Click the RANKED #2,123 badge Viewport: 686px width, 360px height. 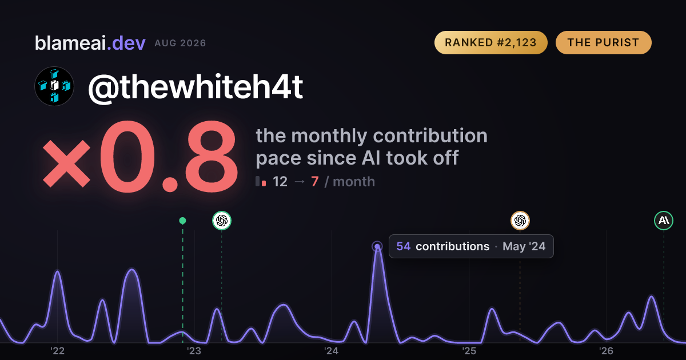tap(490, 42)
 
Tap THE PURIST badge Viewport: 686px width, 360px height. tap(603, 42)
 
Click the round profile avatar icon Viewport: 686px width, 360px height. tap(54, 86)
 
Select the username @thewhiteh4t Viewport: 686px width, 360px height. tap(196, 87)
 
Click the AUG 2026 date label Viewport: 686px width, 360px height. tap(180, 43)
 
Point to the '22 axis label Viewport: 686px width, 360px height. tap(57, 351)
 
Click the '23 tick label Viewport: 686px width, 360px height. tap(194, 351)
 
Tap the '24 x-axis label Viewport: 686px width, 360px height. tap(332, 351)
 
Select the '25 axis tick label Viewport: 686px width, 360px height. tap(469, 351)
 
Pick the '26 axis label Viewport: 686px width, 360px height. tap(606, 351)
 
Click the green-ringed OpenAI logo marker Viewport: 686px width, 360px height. tap(222, 221)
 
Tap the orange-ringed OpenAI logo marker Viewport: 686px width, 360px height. tap(520, 221)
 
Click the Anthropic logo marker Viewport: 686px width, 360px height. tap(664, 221)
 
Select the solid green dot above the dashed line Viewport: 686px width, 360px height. tap(182, 221)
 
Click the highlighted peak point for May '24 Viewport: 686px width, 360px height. tap(377, 246)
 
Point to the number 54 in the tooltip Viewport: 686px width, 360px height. tap(404, 246)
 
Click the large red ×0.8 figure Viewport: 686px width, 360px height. tap(140, 157)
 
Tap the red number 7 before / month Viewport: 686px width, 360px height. tap(315, 182)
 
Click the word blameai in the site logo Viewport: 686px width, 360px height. tap(70, 43)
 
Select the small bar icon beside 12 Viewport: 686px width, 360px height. tap(261, 181)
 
